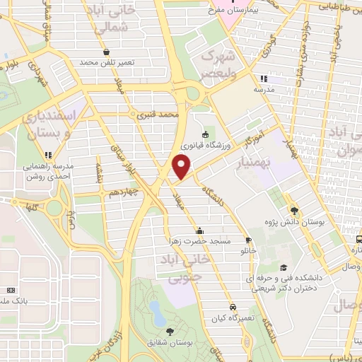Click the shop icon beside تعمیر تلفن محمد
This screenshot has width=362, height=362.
(x=106, y=52)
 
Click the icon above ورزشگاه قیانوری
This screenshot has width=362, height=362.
(x=205, y=134)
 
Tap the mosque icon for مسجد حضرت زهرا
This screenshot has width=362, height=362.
(x=200, y=230)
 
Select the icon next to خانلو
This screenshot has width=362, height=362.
(x=247, y=239)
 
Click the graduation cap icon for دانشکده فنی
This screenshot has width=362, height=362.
(x=284, y=268)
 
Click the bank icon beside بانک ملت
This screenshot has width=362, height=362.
(x=10, y=290)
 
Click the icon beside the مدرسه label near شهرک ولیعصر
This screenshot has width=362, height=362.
(x=262, y=78)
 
